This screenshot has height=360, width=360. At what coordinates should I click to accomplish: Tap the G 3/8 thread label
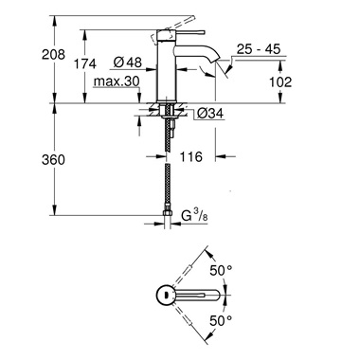pos(195,220)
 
